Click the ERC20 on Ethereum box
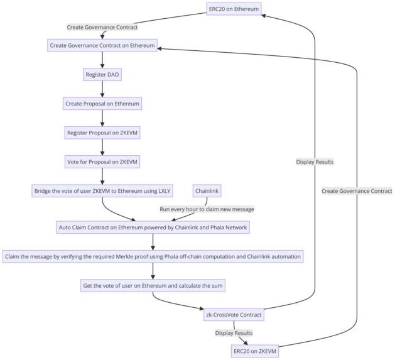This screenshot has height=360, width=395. click(x=234, y=9)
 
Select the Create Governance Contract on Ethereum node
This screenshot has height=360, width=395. click(x=102, y=45)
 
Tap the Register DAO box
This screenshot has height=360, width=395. click(x=102, y=74)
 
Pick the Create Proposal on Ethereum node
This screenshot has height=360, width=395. click(x=102, y=103)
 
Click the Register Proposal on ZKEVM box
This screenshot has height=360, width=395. click(x=102, y=132)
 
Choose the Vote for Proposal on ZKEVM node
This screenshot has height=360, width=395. click(x=102, y=161)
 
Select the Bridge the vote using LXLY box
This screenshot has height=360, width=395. click(x=102, y=190)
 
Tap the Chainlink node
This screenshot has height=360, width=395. click(x=207, y=190)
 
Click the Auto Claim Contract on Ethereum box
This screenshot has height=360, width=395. click(x=153, y=227)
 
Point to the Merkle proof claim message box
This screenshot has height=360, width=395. click(x=153, y=256)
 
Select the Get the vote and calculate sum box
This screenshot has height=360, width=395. click(x=153, y=286)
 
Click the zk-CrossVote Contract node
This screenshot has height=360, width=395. click(x=234, y=315)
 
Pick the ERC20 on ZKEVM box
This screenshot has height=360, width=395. click(x=254, y=351)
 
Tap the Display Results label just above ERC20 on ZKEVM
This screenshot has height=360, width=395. click(x=234, y=333)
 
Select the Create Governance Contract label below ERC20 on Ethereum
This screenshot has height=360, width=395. click(x=102, y=27)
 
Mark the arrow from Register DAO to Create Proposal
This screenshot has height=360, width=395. click(x=102, y=89)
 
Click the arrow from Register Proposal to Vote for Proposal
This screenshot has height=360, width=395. click(x=102, y=146)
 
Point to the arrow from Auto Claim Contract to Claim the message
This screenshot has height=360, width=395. click(x=153, y=242)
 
